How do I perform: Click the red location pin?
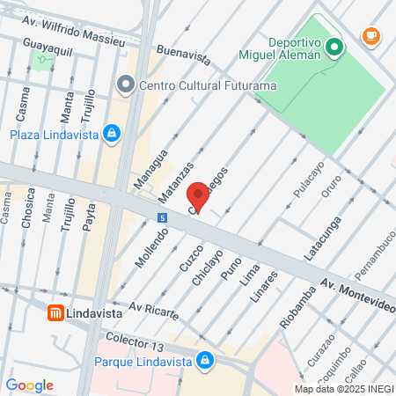click(x=198, y=196)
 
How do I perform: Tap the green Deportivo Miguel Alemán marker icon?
click(x=334, y=47)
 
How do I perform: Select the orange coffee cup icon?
click(x=371, y=36)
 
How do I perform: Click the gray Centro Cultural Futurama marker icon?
click(x=125, y=85)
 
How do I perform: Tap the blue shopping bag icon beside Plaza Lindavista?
click(x=111, y=134)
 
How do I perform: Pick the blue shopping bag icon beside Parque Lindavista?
click(x=204, y=360)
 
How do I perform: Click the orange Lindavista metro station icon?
click(x=55, y=313)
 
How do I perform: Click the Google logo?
click(x=29, y=385)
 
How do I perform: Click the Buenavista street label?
click(x=182, y=55)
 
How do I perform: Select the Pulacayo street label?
click(x=309, y=180)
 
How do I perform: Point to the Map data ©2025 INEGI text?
click(x=343, y=388)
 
